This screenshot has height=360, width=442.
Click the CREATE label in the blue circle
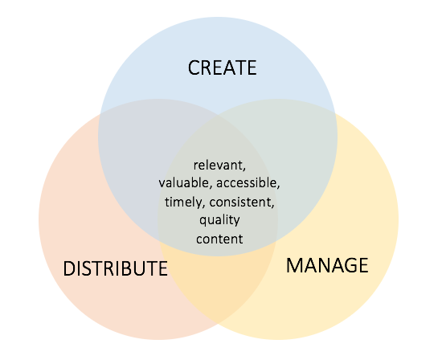point(222,67)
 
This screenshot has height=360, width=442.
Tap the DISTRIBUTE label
point(115,268)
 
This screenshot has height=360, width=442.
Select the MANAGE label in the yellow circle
point(327,265)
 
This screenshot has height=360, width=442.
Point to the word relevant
point(218,166)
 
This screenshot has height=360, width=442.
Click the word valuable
point(183,182)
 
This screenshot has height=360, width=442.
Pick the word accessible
point(247,182)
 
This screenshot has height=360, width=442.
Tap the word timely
point(183,202)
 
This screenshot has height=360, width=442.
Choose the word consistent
point(240,202)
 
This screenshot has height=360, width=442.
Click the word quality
point(219,220)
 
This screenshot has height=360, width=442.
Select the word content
point(219,239)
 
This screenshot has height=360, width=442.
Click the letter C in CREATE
point(194,67)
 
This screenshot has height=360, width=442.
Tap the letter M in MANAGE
point(294,265)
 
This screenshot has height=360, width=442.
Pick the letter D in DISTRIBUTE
point(69,268)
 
